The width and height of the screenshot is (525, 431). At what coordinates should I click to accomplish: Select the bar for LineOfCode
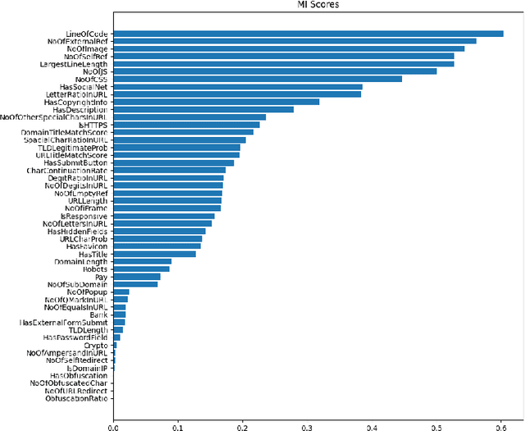pos(308,33)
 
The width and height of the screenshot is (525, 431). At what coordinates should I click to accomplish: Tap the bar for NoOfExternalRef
pos(286,40)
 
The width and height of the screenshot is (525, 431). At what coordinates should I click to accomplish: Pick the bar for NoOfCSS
pos(240,79)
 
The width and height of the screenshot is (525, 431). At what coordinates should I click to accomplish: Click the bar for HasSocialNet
pos(214,86)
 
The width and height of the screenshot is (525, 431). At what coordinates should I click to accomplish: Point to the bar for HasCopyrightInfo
pos(187,102)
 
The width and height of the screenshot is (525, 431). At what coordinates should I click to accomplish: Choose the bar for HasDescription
pos(171,109)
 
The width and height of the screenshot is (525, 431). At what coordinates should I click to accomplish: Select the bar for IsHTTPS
pos(149,125)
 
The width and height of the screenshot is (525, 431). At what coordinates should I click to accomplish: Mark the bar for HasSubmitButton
pos(133,163)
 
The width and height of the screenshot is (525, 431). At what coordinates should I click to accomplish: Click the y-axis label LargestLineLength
pos(75,63)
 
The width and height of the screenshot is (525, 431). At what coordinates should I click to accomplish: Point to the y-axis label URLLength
pos(88,200)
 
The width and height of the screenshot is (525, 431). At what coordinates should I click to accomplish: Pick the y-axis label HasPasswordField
pos(75,337)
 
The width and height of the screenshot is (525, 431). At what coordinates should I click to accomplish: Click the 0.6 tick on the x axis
pos(501,426)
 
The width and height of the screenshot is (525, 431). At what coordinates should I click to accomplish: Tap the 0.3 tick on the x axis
pos(307,426)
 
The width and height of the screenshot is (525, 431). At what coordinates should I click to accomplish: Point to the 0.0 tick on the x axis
pos(113,426)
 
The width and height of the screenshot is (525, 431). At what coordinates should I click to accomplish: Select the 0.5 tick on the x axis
pos(436,426)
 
